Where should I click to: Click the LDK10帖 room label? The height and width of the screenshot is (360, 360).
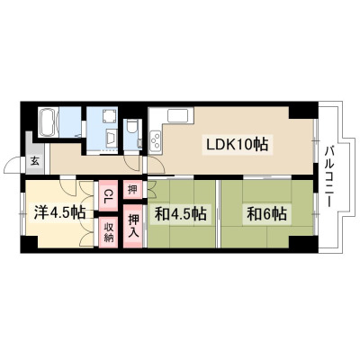click(237, 144)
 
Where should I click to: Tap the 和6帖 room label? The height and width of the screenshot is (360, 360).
click(266, 213)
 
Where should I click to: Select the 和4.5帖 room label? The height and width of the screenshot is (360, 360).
click(180, 213)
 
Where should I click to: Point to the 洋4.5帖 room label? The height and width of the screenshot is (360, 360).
click(59, 212)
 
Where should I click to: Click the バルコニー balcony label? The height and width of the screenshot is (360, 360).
click(329, 176)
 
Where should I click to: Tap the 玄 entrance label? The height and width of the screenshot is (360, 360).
click(34, 161)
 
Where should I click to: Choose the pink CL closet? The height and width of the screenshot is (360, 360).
click(108, 195)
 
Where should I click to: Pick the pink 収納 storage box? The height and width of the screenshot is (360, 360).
click(108, 233)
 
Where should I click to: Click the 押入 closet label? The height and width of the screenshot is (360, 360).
click(132, 226)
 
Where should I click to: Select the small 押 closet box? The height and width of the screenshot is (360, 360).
click(132, 189)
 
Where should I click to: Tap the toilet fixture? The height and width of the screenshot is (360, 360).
click(131, 128)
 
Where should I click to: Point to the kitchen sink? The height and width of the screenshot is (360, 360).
click(177, 116)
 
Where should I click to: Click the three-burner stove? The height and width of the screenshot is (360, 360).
click(156, 141)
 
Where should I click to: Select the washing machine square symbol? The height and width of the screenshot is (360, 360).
click(108, 116)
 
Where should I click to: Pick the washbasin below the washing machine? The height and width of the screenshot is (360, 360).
click(112, 139)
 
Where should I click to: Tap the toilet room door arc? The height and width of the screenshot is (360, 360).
click(133, 164)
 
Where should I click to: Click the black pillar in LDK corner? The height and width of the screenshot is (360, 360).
click(303, 111)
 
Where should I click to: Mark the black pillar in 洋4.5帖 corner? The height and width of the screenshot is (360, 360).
click(29, 245)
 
